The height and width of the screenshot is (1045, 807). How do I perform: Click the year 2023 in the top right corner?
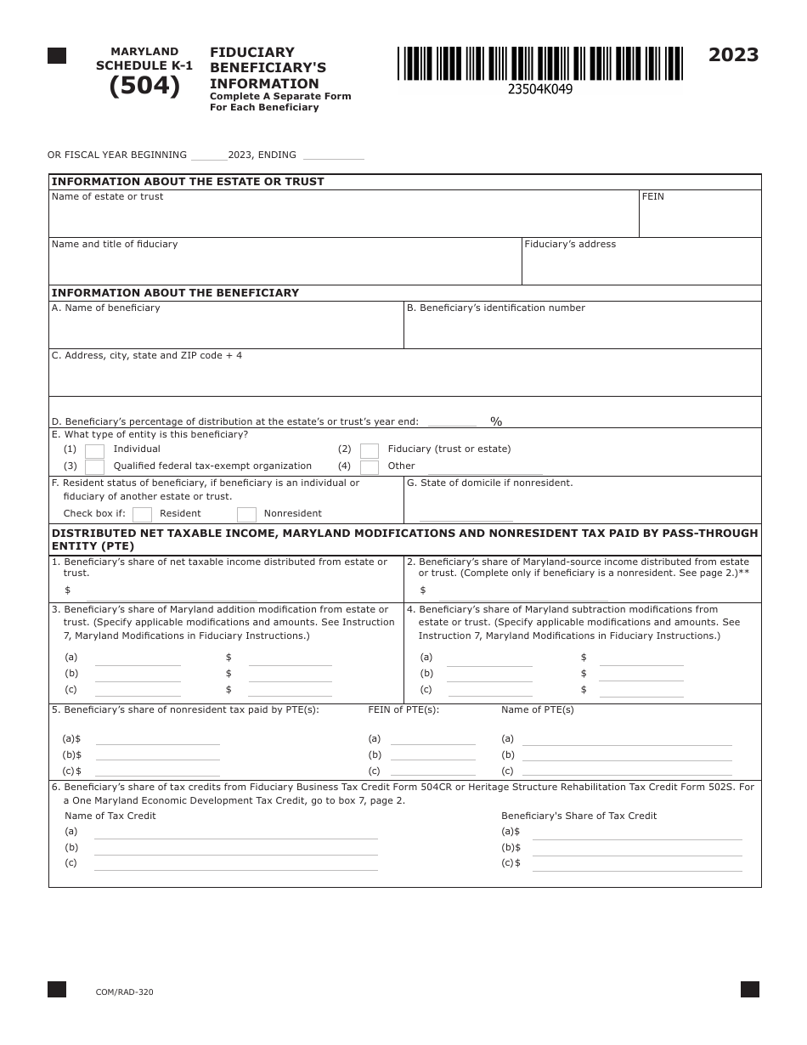tap(733, 55)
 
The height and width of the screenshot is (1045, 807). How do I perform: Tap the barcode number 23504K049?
tap(539, 89)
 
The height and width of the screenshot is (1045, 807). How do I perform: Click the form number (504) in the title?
tap(144, 87)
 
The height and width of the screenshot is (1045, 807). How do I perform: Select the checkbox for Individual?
tap(95, 451)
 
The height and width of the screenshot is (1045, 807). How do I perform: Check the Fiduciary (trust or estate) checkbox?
tap(370, 451)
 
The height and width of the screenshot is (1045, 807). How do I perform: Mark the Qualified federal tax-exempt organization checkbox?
tap(95, 467)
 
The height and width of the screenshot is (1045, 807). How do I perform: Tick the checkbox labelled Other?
tap(370, 467)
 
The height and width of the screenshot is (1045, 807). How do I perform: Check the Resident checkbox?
tap(143, 515)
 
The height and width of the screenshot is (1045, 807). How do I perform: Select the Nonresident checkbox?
tap(246, 515)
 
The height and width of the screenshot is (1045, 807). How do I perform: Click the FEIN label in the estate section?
tap(652, 197)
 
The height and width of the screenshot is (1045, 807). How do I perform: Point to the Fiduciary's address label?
tap(570, 245)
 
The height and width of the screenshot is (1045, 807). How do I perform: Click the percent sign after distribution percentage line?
tap(496, 421)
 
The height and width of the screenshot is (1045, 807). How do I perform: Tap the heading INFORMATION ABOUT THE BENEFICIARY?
tap(175, 293)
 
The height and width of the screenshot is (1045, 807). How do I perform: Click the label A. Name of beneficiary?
tap(106, 308)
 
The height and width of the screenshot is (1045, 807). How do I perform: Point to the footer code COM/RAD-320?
tap(125, 992)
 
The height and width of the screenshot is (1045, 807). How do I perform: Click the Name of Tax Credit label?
tap(110, 816)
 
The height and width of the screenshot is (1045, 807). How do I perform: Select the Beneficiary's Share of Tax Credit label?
tap(578, 816)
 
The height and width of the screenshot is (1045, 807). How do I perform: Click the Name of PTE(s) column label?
tap(537, 710)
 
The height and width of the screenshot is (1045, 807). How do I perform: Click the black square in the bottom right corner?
tap(749, 989)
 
